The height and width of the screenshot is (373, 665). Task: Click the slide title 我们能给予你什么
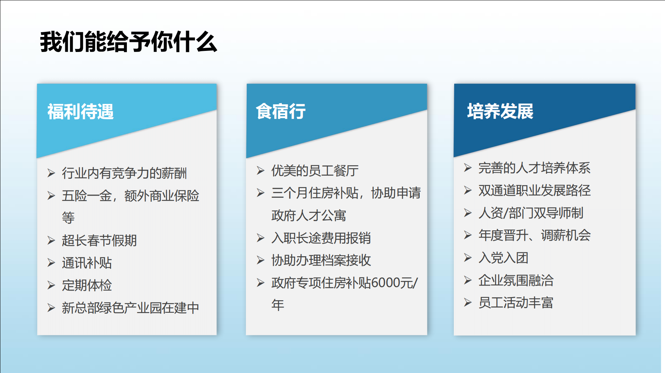pos(128,42)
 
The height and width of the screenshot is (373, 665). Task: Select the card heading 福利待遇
pos(81,111)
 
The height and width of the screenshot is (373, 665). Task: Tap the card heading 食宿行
pos(281,111)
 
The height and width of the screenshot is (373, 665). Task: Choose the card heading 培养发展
pos(500,111)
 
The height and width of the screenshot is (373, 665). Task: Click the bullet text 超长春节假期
pos(99,240)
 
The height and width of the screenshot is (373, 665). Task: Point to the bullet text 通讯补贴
pos(87,263)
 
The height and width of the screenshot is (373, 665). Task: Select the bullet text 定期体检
pos(87,286)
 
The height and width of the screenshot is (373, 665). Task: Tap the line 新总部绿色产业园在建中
pos(130,308)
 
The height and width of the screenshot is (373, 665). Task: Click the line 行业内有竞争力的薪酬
pos(124,173)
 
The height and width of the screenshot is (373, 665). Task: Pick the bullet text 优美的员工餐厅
pos(315,171)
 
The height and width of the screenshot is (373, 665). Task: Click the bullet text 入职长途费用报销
pos(321,238)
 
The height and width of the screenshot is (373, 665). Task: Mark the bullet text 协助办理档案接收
pos(321,260)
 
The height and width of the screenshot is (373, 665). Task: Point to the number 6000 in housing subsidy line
pos(386,283)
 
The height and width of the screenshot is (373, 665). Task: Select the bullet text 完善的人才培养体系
pos(535,168)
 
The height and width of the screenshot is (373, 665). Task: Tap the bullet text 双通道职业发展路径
pos(535,191)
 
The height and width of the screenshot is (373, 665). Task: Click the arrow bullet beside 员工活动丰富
pos(467,303)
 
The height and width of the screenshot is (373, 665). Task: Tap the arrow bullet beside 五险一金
pos(51,196)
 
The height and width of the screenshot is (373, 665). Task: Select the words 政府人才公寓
pos(309,216)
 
